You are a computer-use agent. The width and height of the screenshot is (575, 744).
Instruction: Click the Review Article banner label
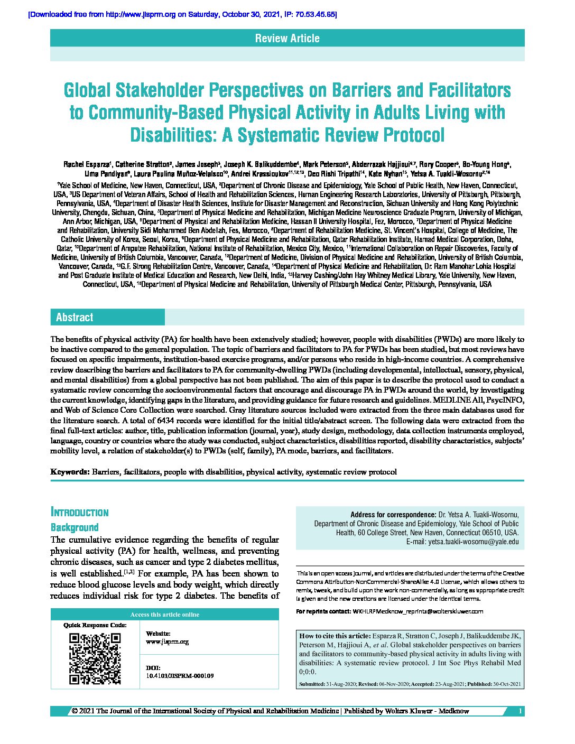[x=287, y=38]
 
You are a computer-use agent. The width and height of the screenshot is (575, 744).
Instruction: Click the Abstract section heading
[x=75, y=317]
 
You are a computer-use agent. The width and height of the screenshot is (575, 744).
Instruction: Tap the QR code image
[x=95, y=658]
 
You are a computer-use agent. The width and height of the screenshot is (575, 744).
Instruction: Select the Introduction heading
[x=79, y=513]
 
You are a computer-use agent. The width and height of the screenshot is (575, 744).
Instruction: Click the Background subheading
[x=75, y=527]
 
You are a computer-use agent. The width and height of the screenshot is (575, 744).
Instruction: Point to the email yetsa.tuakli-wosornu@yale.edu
[x=474, y=542]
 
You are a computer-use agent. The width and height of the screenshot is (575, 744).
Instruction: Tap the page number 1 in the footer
[x=521, y=711]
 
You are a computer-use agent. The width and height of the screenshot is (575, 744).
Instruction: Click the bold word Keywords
[x=70, y=472]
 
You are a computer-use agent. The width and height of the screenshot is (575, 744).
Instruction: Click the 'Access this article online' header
[x=165, y=615]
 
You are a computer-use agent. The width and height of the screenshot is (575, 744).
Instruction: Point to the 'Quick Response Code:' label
[x=95, y=625]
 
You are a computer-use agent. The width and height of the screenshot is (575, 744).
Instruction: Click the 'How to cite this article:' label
[x=335, y=636]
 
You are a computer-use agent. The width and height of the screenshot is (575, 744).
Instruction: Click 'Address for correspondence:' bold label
[x=393, y=515]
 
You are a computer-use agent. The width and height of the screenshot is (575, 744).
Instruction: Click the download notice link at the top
[x=182, y=14]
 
